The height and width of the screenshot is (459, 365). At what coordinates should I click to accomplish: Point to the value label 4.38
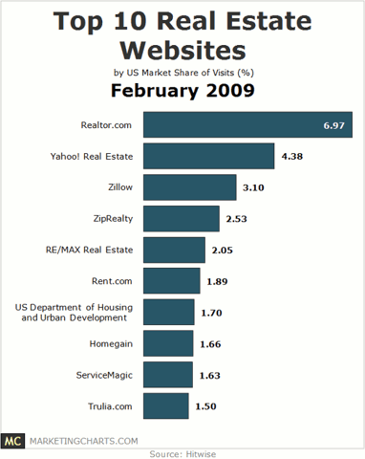(x=291, y=157)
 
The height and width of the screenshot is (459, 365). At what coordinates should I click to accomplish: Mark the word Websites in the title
(x=182, y=48)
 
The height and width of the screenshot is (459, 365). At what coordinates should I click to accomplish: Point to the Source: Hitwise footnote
(x=182, y=453)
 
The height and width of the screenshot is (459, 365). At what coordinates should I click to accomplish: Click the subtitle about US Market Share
(x=182, y=71)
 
